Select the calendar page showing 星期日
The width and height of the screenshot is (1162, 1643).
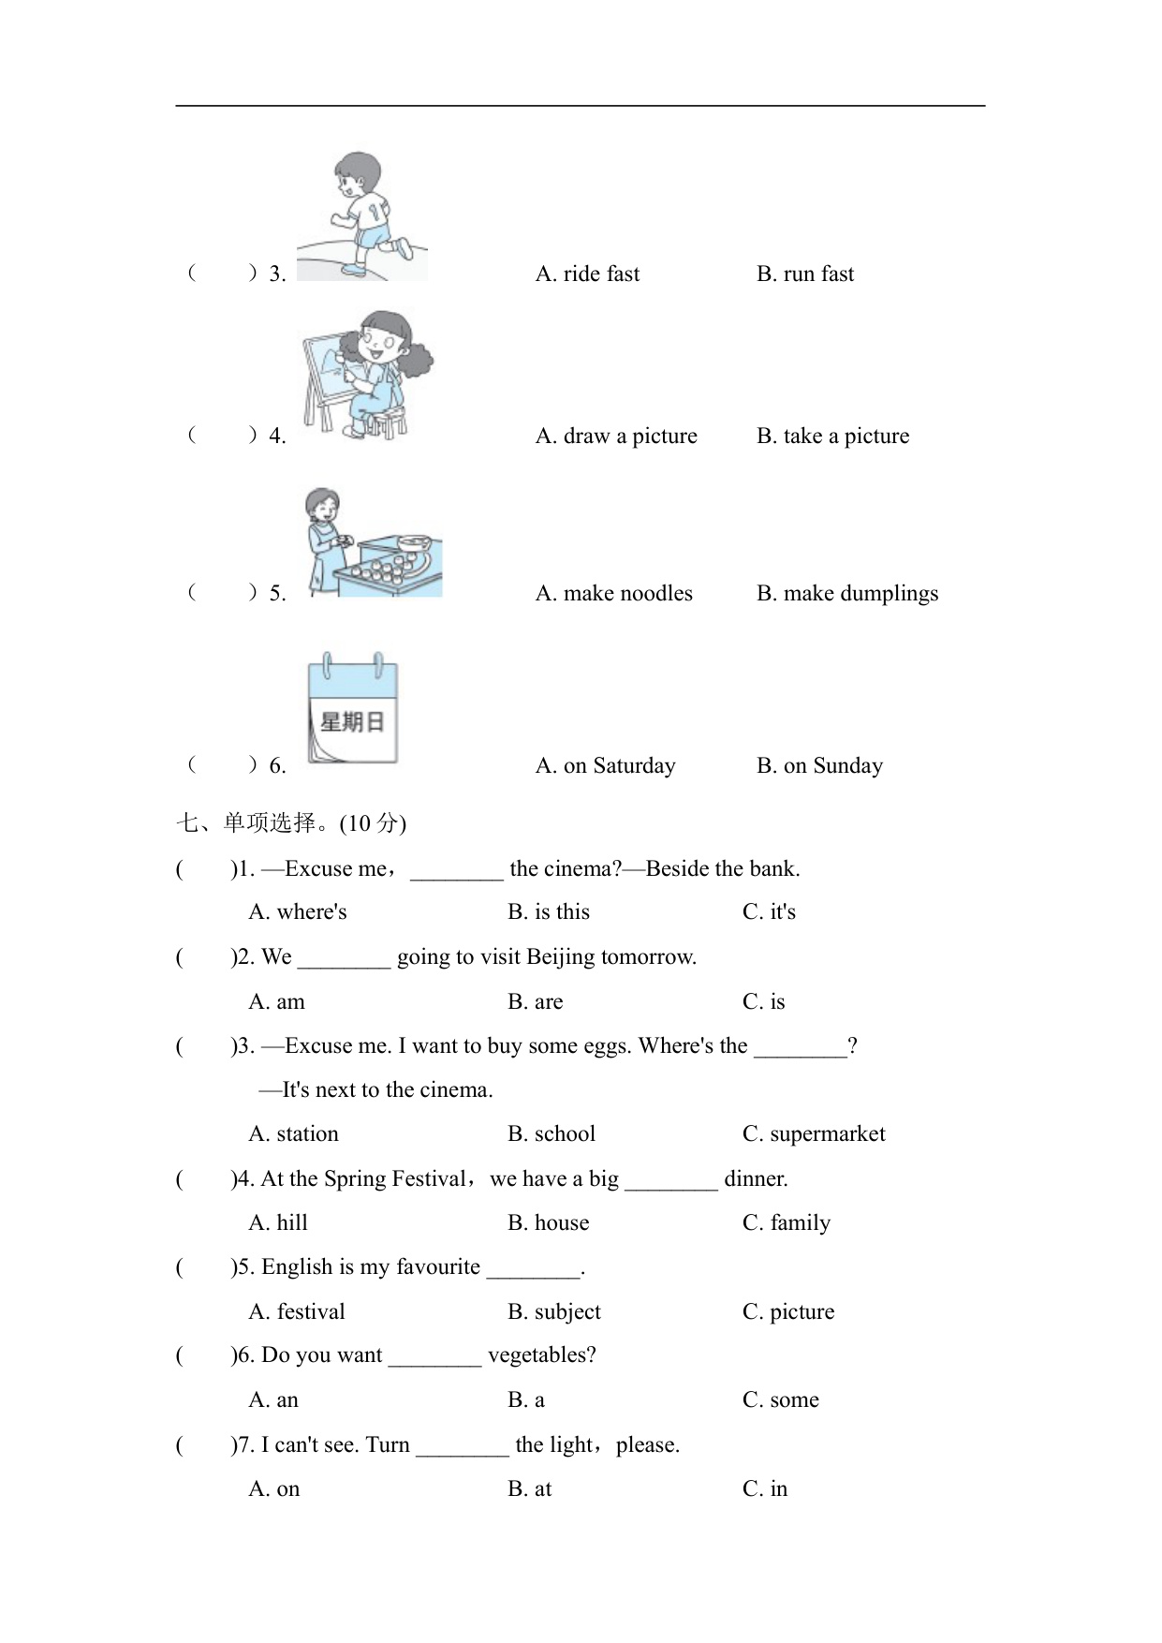click(x=353, y=709)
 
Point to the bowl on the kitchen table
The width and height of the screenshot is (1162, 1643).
click(x=413, y=543)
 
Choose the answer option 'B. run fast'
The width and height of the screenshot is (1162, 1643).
click(x=805, y=274)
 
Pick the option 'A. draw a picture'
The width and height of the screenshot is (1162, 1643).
click(x=616, y=437)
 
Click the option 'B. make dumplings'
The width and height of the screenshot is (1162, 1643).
click(x=846, y=594)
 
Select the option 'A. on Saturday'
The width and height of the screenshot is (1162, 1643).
click(x=605, y=766)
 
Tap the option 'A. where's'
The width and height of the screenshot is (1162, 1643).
click(x=298, y=912)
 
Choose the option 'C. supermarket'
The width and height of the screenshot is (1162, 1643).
click(x=813, y=1134)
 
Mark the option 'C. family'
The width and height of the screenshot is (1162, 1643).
click(x=786, y=1223)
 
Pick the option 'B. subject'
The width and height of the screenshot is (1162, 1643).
click(x=553, y=1312)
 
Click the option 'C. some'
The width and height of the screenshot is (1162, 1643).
click(x=780, y=1400)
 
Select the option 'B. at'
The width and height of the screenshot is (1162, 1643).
click(x=529, y=1489)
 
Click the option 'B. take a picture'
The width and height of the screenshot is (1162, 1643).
click(x=832, y=437)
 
